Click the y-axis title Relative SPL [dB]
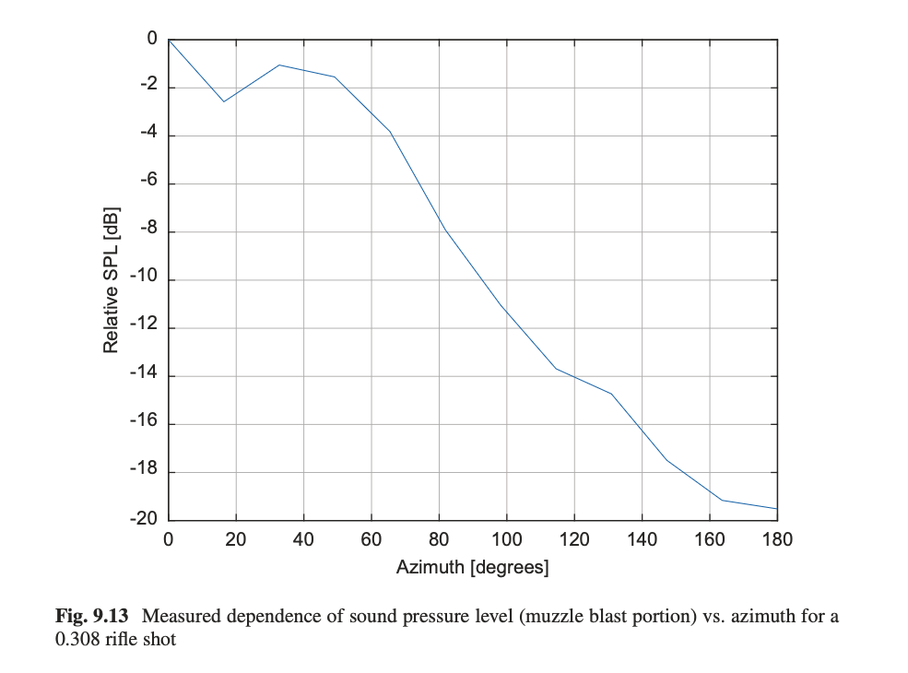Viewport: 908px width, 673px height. click(x=111, y=279)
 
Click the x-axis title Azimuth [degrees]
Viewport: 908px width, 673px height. click(x=472, y=567)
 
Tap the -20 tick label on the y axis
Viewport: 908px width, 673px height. click(x=145, y=519)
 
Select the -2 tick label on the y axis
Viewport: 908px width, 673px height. click(x=148, y=86)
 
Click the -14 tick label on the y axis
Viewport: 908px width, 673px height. click(x=145, y=374)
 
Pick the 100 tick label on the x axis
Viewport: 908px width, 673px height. click(x=506, y=540)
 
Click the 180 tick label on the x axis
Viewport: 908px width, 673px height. click(x=777, y=540)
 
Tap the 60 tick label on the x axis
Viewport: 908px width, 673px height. click(x=371, y=540)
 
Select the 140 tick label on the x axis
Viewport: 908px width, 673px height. click(x=642, y=540)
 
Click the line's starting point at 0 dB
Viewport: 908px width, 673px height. click(x=169, y=40)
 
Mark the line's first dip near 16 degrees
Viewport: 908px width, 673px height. click(x=223, y=101)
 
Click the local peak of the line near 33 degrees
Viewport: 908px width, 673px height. click(x=279, y=65)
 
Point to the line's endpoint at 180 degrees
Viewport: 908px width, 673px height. click(x=776, y=509)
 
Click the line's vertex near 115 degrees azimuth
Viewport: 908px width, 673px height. click(x=556, y=369)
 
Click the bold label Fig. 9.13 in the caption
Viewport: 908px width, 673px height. click(x=95, y=617)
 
